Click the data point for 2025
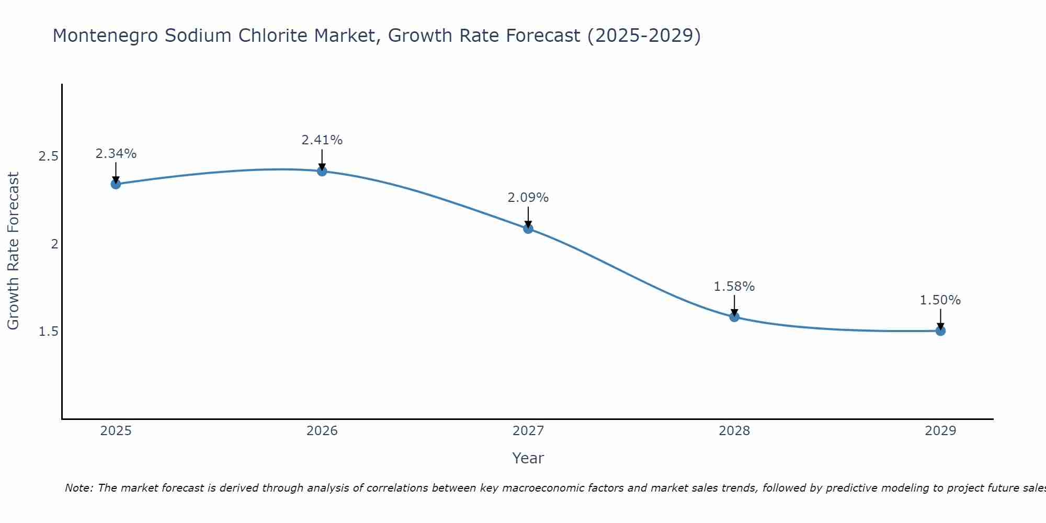(x=116, y=184)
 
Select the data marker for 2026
(x=322, y=171)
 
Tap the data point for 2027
(x=528, y=229)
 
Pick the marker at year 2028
(x=734, y=317)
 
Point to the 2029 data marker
(x=940, y=331)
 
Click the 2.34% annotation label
(x=116, y=154)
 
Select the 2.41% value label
(x=322, y=140)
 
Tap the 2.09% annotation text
(x=528, y=198)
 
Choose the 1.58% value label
(x=734, y=287)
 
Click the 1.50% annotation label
(x=940, y=300)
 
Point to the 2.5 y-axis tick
(x=48, y=156)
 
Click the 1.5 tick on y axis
(x=48, y=332)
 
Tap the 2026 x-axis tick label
(x=322, y=431)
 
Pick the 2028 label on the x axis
(x=734, y=431)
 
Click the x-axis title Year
(x=528, y=458)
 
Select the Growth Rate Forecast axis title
(x=13, y=251)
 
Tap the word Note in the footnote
(x=78, y=488)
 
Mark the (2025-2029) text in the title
(x=644, y=36)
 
